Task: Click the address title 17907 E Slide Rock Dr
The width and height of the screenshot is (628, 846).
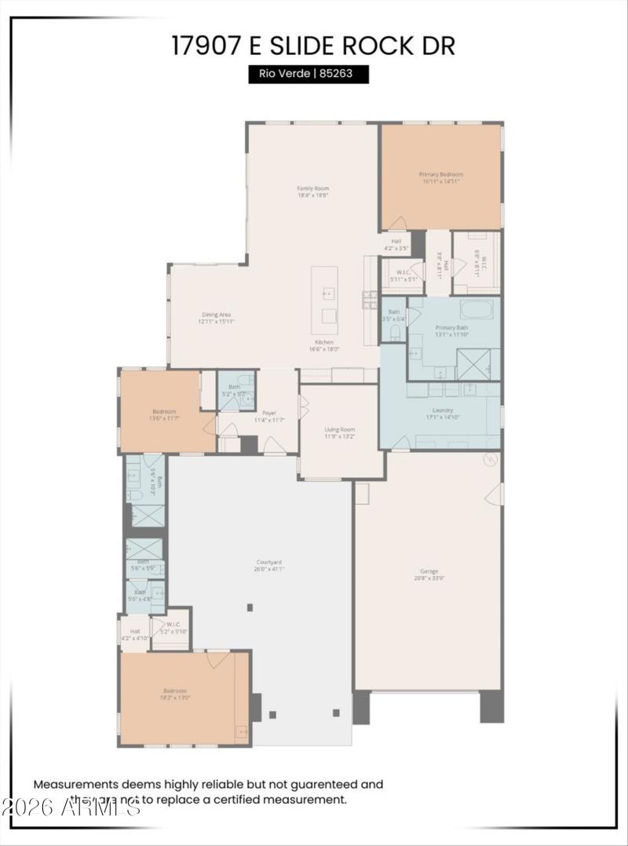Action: click(x=313, y=45)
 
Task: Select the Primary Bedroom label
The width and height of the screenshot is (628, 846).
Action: click(x=440, y=177)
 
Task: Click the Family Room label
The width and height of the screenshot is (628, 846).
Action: click(x=312, y=191)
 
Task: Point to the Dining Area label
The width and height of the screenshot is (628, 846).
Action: click(x=215, y=317)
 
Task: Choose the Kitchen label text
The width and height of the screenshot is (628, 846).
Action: click(x=324, y=345)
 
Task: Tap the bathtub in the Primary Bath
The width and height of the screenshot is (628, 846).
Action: click(x=476, y=308)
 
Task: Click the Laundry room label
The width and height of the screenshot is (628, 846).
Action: click(x=443, y=414)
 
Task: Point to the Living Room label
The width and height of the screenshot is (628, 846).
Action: click(x=340, y=432)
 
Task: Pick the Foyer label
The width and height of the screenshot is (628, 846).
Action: click(x=269, y=416)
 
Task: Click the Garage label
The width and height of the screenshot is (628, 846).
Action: click(x=429, y=574)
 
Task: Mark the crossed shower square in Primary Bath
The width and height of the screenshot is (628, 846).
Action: click(x=474, y=364)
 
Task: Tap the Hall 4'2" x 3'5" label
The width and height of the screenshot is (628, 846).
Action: click(x=396, y=244)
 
